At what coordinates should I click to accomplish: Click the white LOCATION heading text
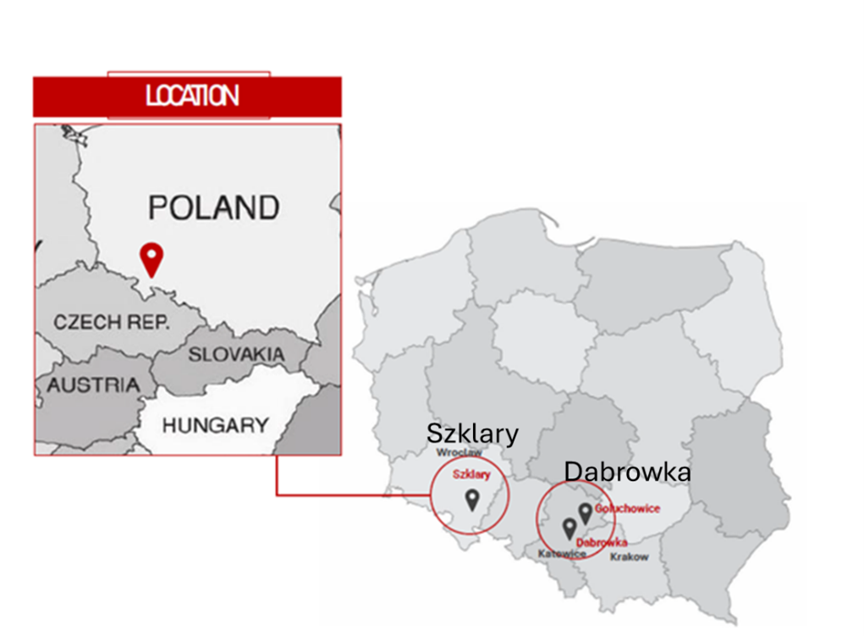[x=192, y=96]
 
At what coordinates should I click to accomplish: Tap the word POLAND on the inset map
[x=213, y=207]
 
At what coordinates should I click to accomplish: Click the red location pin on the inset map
[x=151, y=257]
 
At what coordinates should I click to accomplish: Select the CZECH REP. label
[x=111, y=322]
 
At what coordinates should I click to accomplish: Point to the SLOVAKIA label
[x=236, y=355]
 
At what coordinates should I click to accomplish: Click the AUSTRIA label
[x=93, y=385]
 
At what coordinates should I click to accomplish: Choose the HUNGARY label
[x=216, y=425]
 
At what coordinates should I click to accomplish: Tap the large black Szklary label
[x=472, y=434]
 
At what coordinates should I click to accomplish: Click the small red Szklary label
[x=471, y=474]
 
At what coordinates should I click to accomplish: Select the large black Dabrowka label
[x=627, y=472]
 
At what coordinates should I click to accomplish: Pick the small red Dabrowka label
[x=601, y=542]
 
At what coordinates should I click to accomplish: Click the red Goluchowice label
[x=627, y=509]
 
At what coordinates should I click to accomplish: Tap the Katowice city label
[x=562, y=554]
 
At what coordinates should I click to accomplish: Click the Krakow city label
[x=629, y=556]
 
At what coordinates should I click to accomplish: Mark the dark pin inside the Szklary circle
[x=471, y=499]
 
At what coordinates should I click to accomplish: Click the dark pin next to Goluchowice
[x=585, y=512]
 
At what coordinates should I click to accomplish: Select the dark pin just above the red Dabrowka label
[x=570, y=528]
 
